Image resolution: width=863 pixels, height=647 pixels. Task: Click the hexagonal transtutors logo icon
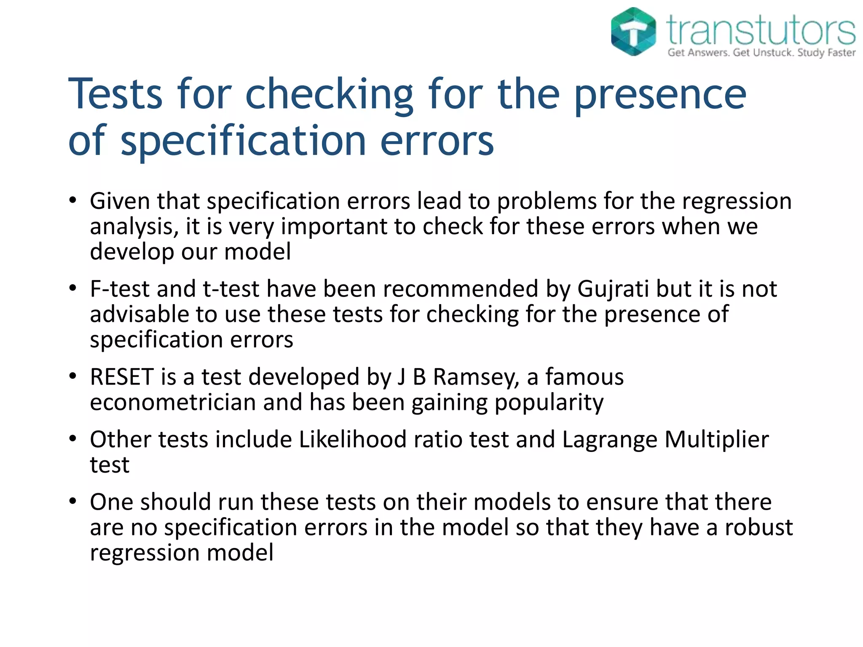point(633,32)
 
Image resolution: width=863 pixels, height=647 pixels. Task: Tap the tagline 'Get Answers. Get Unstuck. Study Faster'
point(761,53)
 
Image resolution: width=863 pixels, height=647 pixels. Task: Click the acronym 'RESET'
point(121,377)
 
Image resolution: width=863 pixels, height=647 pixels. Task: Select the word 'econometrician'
point(173,402)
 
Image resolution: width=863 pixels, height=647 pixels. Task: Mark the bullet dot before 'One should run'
point(73,501)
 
